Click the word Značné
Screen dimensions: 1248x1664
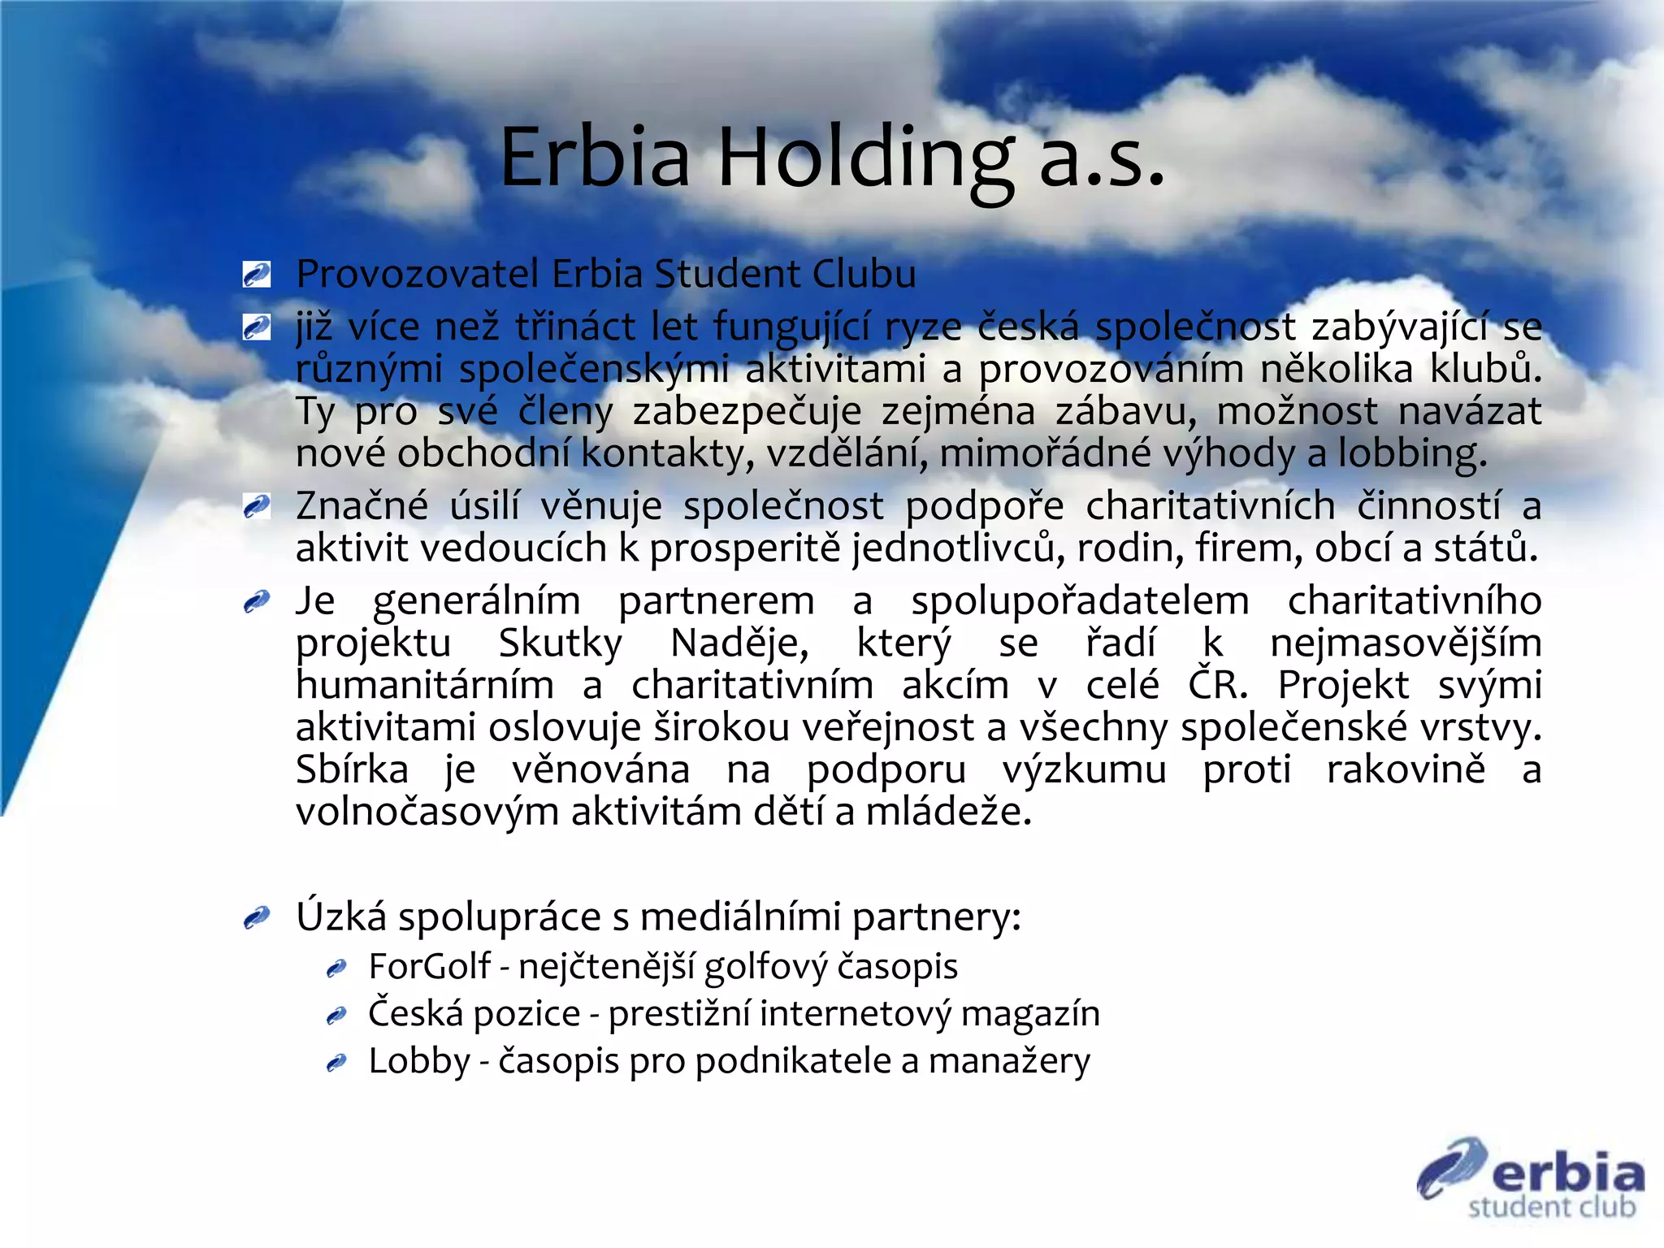[362, 506]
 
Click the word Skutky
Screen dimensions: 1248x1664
[560, 643]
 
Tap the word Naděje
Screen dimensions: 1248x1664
[739, 643]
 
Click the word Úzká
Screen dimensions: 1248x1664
[341, 917]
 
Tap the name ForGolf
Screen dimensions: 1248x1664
[429, 967]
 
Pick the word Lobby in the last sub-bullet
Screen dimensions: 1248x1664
[419, 1061]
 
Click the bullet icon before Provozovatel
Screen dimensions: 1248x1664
[257, 275]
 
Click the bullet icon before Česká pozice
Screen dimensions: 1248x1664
[336, 1016]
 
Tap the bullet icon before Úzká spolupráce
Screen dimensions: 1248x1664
[257, 918]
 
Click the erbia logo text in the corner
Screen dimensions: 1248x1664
[1566, 1174]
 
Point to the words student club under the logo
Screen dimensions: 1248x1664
[1551, 1207]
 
